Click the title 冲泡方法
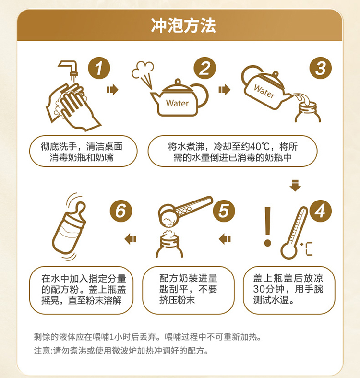183,25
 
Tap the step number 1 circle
99,68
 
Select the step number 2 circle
205,68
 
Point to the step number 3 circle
321,68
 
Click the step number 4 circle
321,211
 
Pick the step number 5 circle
224,211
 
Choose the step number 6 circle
121,211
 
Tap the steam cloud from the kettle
143,70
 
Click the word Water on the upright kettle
177,104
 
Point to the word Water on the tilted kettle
264,91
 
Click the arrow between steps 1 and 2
112,90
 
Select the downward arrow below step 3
295,185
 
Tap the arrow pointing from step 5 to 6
131,239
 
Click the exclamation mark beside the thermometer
267,226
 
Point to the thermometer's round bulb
289,251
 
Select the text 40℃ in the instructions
260,147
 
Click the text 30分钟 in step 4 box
268,289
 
